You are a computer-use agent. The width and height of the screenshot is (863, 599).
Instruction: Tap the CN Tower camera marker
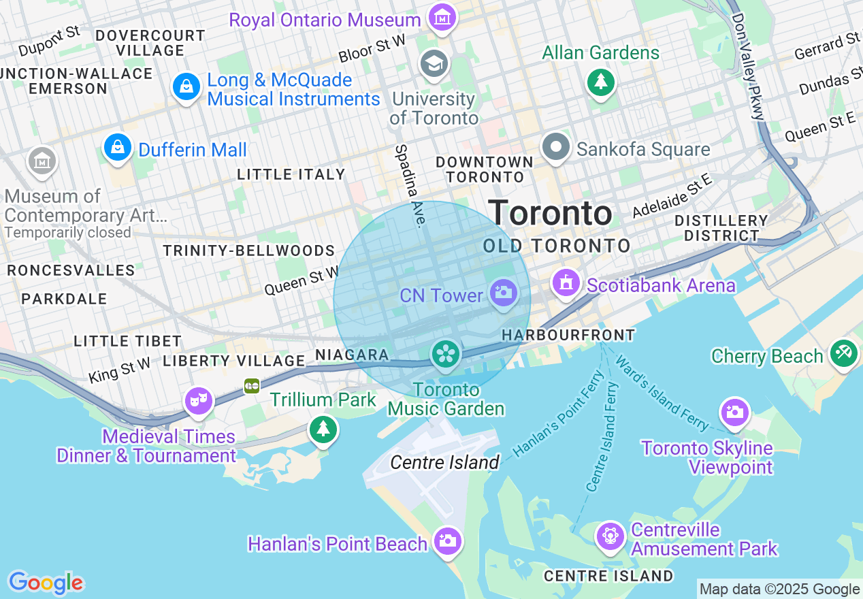click(x=504, y=294)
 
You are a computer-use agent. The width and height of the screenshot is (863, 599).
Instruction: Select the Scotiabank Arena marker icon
click(x=566, y=282)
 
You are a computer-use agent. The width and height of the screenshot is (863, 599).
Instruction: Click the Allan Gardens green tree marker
click(x=600, y=82)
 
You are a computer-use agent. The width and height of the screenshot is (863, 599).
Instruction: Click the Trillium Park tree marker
click(x=323, y=429)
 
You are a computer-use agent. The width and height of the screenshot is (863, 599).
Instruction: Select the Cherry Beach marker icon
click(x=844, y=353)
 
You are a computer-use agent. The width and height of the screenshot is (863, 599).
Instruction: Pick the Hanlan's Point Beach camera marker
click(x=448, y=541)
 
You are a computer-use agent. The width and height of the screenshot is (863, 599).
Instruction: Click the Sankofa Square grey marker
click(x=556, y=147)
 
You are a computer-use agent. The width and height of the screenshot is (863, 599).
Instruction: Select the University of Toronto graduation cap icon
click(x=434, y=64)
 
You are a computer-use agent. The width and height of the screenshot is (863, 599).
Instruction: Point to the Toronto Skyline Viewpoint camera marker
click(x=734, y=412)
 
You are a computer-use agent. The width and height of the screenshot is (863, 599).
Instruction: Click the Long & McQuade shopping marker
click(x=186, y=86)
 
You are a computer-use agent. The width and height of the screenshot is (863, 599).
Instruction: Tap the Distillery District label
click(x=721, y=228)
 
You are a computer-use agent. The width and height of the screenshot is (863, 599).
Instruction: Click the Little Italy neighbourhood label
click(x=291, y=175)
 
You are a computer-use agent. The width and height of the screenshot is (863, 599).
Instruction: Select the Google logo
click(x=46, y=583)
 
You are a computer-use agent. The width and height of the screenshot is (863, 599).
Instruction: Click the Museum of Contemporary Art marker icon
click(x=42, y=161)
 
